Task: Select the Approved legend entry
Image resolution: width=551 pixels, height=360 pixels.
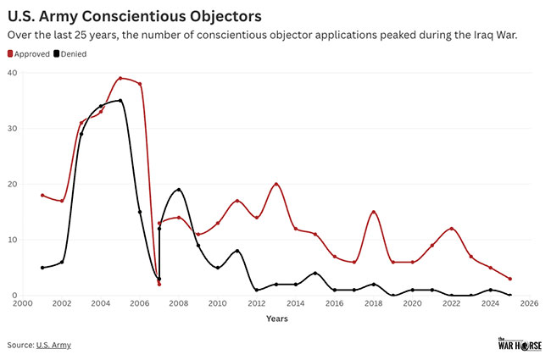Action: tap(30, 53)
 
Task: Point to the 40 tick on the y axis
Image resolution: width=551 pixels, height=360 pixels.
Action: tap(13, 73)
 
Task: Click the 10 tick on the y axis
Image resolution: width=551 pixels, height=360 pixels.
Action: tap(13, 240)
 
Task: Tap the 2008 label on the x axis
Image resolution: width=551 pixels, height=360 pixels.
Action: tap(178, 303)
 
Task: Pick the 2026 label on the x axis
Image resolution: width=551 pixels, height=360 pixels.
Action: tap(530, 303)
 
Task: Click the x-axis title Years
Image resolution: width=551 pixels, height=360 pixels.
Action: tap(275, 318)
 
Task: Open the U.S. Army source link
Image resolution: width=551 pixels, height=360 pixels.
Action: tap(53, 345)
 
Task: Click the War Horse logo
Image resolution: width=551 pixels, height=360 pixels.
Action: tap(517, 343)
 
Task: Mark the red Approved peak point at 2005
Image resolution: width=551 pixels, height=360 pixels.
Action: tap(120, 78)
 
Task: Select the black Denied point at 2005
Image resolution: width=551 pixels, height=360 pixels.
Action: tap(120, 101)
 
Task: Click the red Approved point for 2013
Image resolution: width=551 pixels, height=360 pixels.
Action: tap(276, 184)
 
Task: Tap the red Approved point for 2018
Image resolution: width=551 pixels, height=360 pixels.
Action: tap(374, 212)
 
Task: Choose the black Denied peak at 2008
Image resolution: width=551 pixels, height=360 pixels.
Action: tap(179, 190)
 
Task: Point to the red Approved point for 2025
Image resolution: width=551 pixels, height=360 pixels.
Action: tap(510, 279)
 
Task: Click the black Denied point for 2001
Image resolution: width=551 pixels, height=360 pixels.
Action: tap(42, 268)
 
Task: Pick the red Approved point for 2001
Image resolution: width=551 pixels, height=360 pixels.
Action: tap(42, 195)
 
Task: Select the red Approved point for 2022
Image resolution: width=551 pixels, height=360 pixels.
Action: tap(452, 229)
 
